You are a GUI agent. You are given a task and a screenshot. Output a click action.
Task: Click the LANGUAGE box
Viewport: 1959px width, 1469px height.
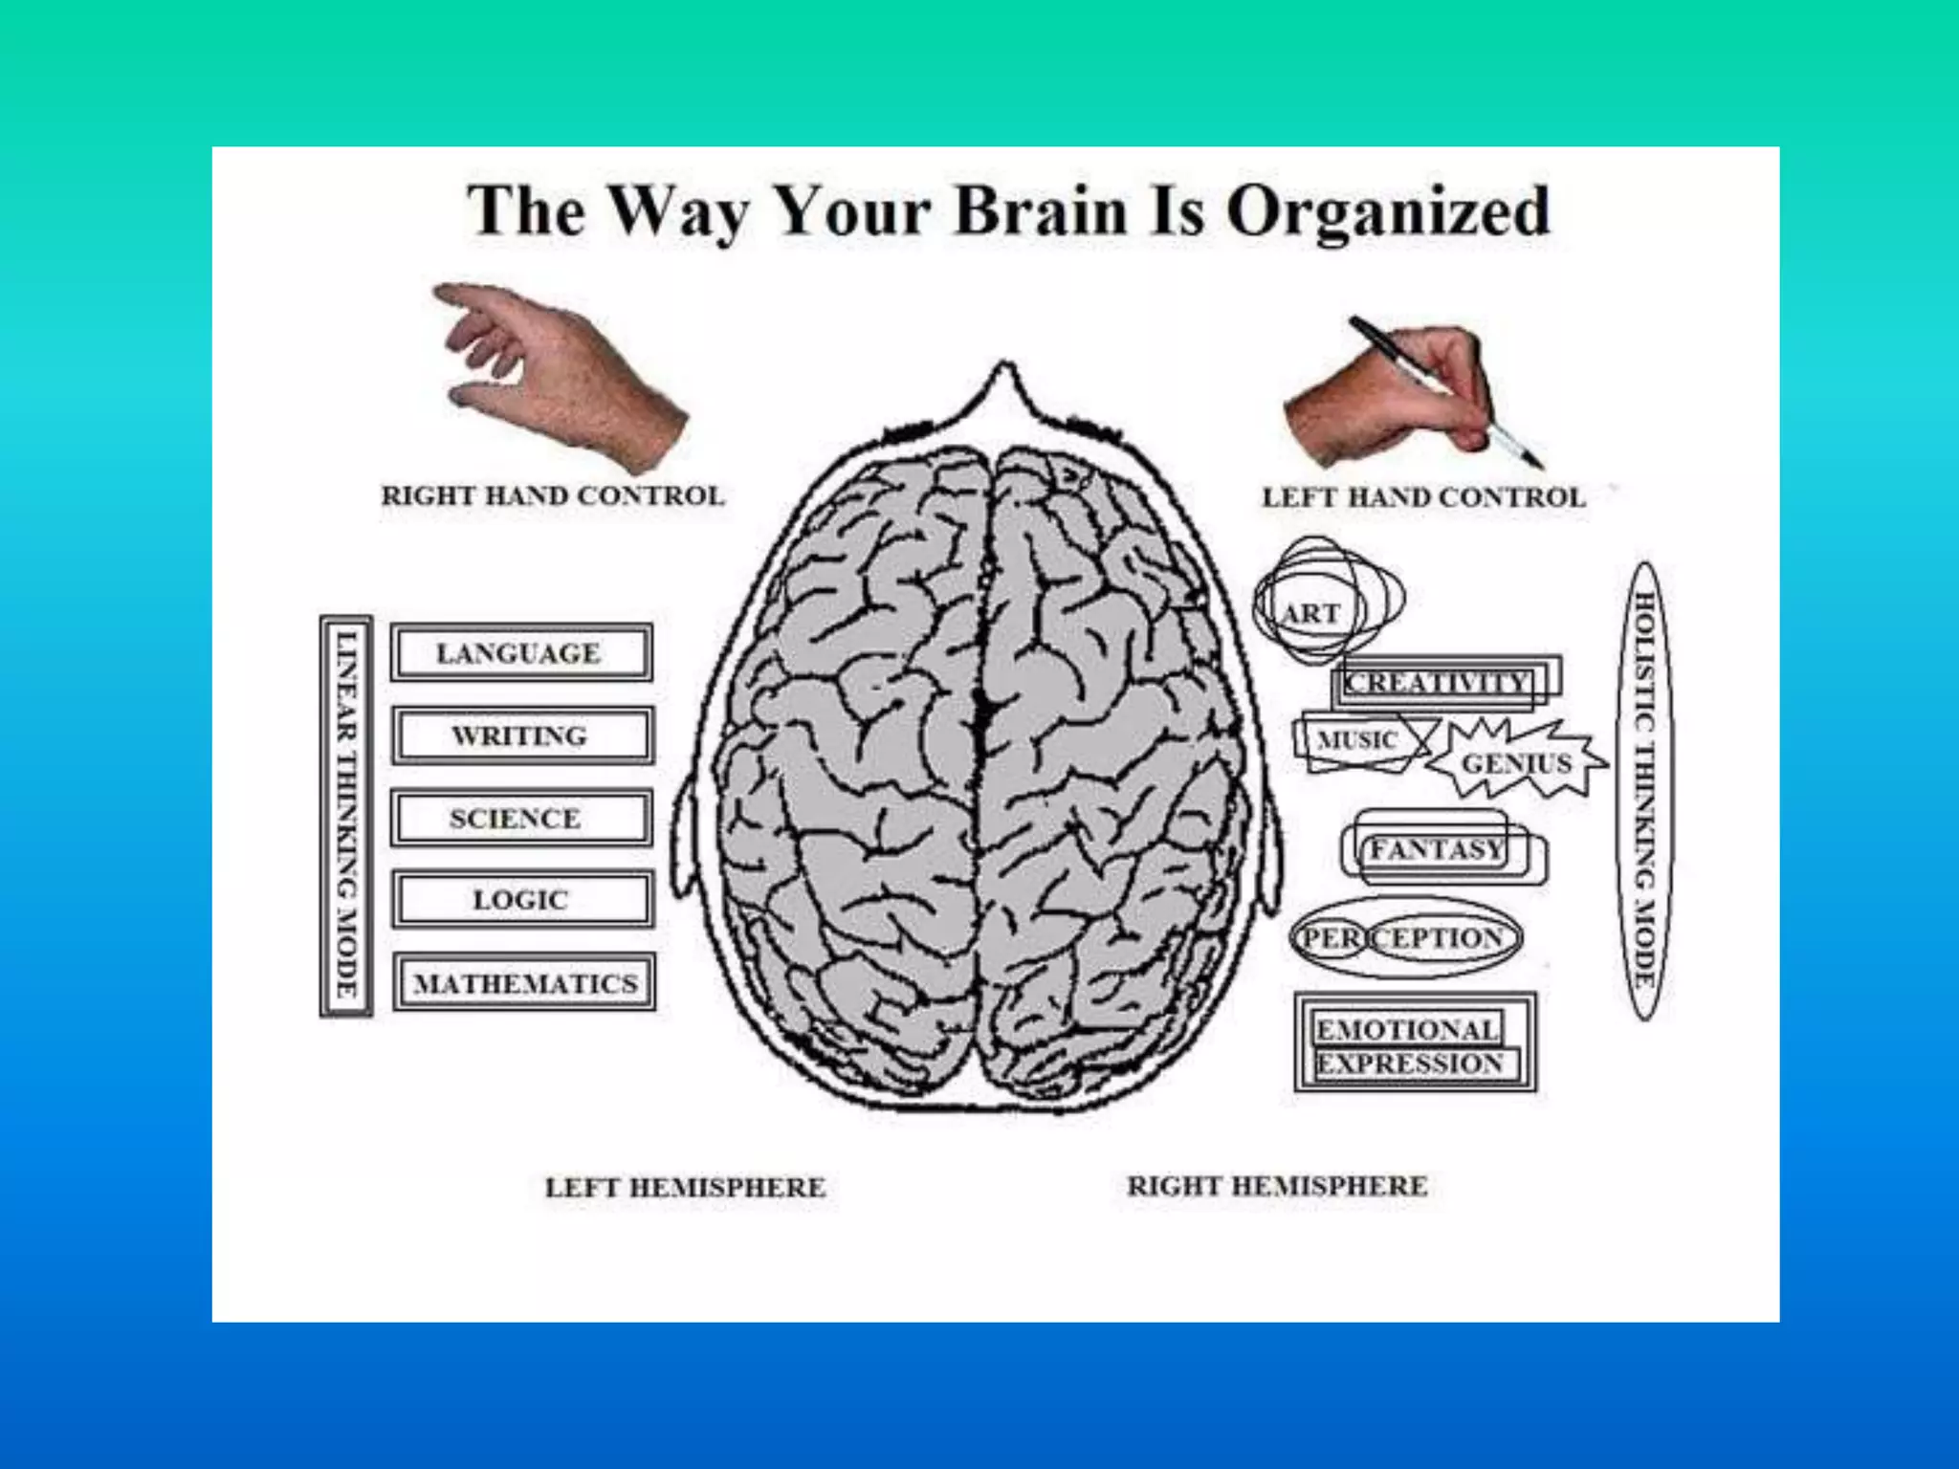point(521,653)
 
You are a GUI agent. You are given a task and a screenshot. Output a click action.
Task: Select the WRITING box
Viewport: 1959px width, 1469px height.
point(522,735)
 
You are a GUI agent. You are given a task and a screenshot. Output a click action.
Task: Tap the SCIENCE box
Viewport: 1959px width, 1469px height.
point(521,819)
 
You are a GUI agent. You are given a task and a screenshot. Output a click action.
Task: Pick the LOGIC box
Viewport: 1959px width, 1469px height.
point(522,900)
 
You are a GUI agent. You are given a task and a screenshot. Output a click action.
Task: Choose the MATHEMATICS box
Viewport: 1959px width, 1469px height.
point(524,982)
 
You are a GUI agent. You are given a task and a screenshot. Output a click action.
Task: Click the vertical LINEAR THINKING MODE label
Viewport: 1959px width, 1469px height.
point(345,816)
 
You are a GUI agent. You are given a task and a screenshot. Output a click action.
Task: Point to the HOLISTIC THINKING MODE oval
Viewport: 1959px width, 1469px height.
point(1644,791)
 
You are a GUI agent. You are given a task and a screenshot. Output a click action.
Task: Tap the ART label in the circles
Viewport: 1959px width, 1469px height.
point(1311,613)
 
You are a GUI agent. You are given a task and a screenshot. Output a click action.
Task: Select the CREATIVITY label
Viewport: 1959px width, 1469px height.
point(1437,682)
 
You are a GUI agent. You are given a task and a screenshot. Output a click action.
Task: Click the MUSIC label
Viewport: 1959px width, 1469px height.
point(1357,739)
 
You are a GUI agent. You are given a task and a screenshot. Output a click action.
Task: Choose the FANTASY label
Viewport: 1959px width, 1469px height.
point(1437,849)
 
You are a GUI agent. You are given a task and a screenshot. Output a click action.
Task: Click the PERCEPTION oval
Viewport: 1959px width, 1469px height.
point(1403,938)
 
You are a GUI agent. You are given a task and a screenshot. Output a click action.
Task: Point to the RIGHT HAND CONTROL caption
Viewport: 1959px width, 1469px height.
point(553,496)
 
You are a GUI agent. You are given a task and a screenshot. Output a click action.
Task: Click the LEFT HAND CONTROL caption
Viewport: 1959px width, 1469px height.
point(1423,498)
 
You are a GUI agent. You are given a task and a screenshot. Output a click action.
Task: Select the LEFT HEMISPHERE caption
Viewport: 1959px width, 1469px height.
point(685,1188)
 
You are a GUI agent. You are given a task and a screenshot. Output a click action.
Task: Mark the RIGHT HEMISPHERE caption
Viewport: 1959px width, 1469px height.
point(1277,1186)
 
